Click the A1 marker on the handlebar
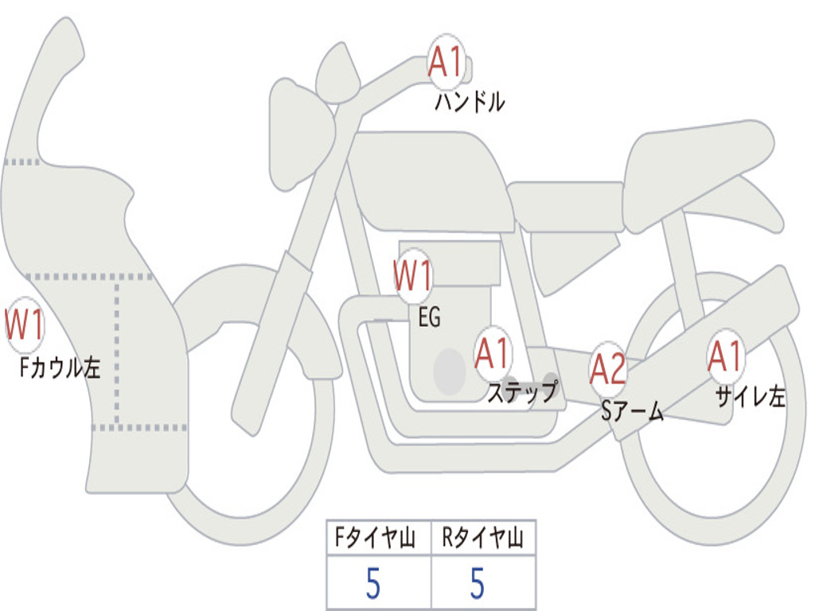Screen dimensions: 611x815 pos(446,61)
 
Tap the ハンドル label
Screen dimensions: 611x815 pos(470,102)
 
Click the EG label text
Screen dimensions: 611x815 pos(429,317)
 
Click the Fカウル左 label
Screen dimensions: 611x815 pos(60,368)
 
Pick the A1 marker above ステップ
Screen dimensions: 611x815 pos(493,353)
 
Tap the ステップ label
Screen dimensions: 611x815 pos(522,391)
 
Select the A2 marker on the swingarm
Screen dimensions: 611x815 pos(608,368)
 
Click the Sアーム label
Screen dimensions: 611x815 pos(632,411)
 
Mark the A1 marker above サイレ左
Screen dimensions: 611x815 pos(726,356)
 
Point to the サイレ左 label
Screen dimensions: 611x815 pos(750,395)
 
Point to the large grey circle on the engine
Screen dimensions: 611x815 pos(450,371)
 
